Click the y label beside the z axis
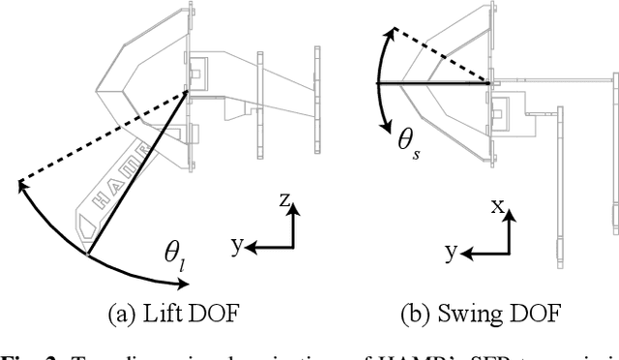pyautogui.click(x=235, y=246)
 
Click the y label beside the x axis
pyautogui.click(x=451, y=253)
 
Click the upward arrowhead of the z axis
pyautogui.click(x=292, y=210)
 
